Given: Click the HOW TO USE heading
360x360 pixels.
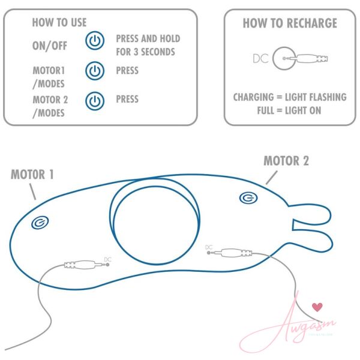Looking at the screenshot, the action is pos(59,23).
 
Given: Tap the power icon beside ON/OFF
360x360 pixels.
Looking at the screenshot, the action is pos(95,40).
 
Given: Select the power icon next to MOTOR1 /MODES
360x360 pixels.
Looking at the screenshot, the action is pos(95,70).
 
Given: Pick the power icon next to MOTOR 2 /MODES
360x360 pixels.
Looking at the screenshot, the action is pos(95,101).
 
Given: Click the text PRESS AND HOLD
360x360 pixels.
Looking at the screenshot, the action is pos(148,38).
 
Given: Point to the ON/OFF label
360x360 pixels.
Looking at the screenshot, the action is pos(50,46).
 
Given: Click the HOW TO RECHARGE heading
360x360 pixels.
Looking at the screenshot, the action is pos(290,23).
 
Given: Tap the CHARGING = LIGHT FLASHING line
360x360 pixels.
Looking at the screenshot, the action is pos(290,97).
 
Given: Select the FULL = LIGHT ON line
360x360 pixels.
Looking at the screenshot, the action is pos(289,110).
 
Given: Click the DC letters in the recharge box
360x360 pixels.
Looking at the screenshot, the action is pos(260,58).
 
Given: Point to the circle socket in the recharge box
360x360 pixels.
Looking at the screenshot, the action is pos(284,58).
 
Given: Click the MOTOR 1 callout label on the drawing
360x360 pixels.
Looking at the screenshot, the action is pos(32,174).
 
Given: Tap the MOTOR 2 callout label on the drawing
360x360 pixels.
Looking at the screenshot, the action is pos(286,160).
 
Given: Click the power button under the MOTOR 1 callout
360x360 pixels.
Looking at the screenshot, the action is pos(40,223).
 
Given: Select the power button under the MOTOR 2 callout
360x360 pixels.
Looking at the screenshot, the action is pos(248,198).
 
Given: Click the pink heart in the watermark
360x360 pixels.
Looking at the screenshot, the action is pos(317,307).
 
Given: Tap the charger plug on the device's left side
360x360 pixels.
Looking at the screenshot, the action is pos(86,265).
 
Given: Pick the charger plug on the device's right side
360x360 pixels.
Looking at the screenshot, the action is pos(230,253).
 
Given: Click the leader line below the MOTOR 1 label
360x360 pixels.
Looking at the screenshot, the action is pos(32,191).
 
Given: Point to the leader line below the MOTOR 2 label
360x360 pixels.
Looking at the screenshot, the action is pos(272,178).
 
